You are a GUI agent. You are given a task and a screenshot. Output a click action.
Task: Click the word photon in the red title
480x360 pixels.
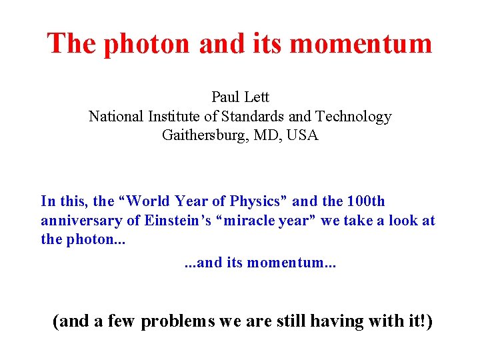pos(139,44)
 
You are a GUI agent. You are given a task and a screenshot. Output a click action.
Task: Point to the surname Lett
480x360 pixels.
pos(257,97)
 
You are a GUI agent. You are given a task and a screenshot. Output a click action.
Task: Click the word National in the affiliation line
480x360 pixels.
pos(115,117)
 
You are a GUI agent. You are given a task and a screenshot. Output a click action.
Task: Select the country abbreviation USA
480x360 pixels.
pos(303,135)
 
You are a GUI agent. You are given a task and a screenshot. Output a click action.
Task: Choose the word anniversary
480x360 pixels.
pos(81,221)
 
